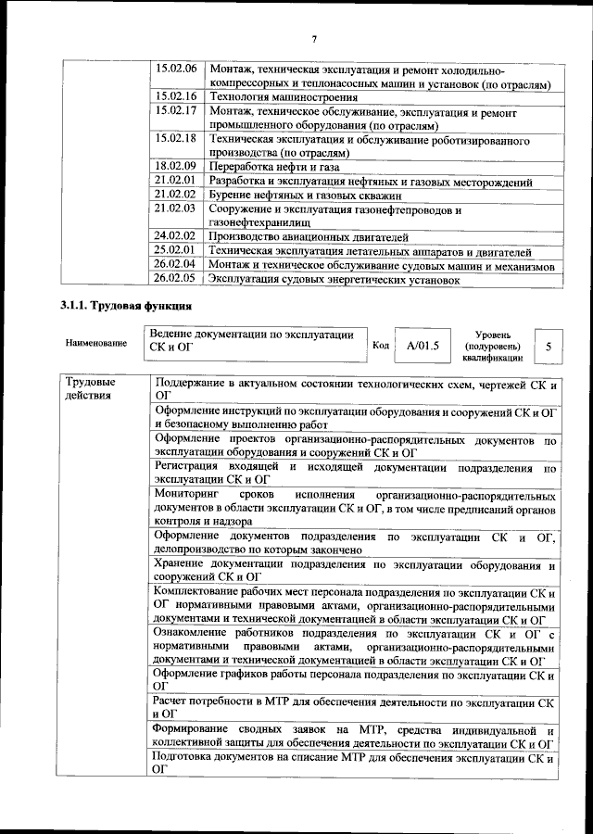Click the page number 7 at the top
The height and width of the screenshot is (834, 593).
pos(314,38)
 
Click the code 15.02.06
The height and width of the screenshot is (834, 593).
pos(176,69)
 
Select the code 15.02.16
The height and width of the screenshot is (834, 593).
pos(176,95)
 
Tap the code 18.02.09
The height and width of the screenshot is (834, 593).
pos(176,166)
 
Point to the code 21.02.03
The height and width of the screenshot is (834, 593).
pos(176,208)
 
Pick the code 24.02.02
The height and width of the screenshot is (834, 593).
pos(176,236)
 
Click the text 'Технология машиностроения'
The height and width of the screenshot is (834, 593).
pos(283,96)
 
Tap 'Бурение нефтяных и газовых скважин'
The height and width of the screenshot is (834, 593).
pos(305,195)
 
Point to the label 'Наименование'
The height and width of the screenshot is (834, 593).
pos(96,344)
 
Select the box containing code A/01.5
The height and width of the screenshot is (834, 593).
pos(421,346)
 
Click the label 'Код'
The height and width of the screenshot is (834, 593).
pos(380,346)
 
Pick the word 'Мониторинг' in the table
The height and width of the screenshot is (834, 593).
pos(188,494)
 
